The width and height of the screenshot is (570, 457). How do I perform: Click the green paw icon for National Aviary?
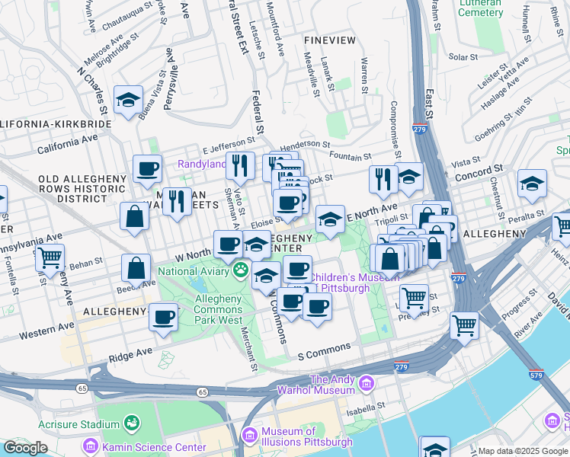(242, 268)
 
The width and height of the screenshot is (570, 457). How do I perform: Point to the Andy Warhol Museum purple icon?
(367, 382)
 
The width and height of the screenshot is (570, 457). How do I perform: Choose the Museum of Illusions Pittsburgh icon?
(248, 435)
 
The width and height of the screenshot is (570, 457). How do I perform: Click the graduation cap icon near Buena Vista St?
(129, 99)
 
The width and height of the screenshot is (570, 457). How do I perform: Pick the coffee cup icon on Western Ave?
(163, 316)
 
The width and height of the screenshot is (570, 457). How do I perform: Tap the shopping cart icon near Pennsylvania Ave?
(50, 257)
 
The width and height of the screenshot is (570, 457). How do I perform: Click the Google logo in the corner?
(25, 448)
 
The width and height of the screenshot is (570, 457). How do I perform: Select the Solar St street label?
(463, 56)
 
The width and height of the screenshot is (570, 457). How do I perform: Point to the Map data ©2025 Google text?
(523, 451)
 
